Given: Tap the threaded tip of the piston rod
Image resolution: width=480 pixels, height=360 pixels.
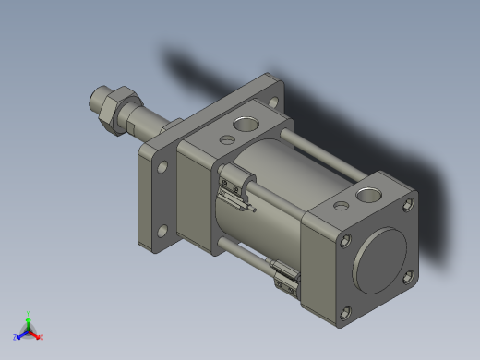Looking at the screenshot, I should [98, 97].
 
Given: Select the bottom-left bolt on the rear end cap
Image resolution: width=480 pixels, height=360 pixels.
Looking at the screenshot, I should [346, 313].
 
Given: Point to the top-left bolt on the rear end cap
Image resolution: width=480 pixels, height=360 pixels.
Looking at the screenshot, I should [345, 242].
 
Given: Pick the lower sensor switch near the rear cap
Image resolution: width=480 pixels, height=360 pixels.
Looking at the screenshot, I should [285, 276].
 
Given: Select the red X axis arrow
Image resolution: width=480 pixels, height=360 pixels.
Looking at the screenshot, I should [40, 336].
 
